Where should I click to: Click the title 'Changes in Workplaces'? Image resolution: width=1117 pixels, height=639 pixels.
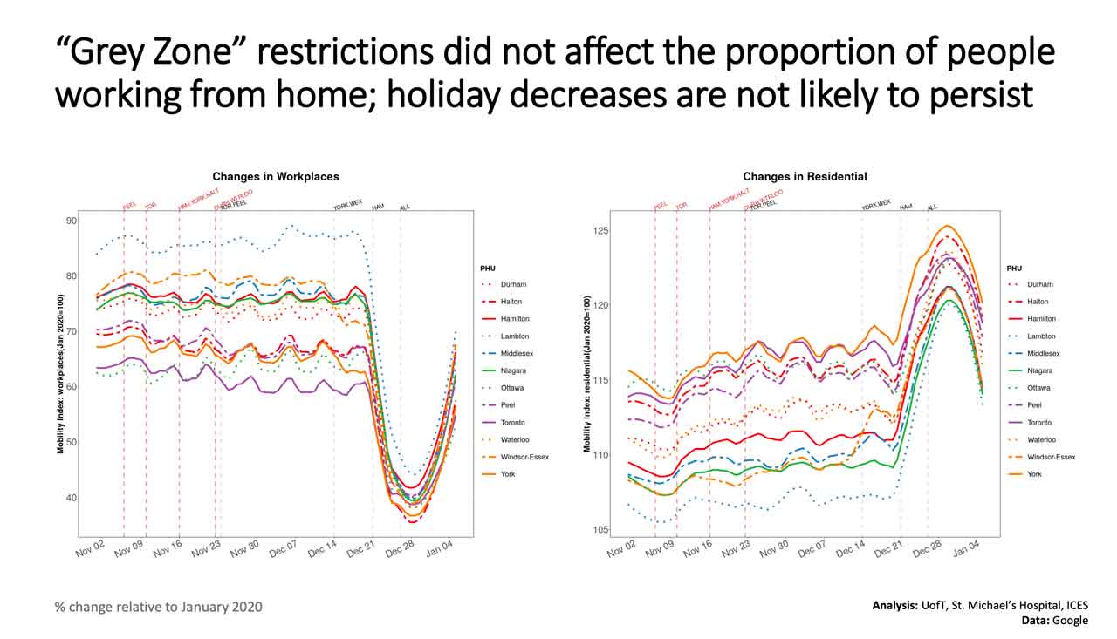click(x=276, y=177)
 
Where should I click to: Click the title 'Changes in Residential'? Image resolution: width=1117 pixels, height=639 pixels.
click(x=805, y=177)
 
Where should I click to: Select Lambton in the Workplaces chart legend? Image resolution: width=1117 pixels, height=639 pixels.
click(x=515, y=336)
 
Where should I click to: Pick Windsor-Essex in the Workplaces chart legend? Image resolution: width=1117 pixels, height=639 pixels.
click(x=524, y=457)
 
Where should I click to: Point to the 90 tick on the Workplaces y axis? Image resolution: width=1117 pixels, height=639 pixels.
click(x=71, y=221)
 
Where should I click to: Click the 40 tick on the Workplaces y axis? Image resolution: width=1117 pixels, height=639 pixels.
click(x=71, y=499)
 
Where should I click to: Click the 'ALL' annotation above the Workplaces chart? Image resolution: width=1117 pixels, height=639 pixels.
click(x=405, y=208)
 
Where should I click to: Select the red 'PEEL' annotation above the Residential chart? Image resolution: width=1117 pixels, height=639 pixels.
click(x=661, y=207)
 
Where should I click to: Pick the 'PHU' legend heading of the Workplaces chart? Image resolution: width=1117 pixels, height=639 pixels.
click(x=488, y=268)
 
